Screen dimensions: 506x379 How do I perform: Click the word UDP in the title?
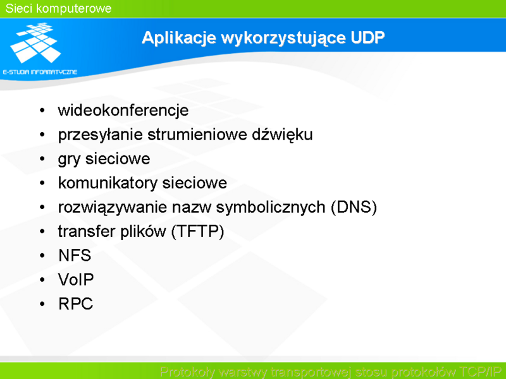tap(367, 37)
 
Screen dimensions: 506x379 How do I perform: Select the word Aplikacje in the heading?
tap(179, 38)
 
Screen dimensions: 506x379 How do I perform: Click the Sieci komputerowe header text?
tap(58, 8)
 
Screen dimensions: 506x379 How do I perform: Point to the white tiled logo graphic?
tap(36, 42)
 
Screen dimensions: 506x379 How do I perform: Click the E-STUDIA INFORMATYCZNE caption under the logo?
tap(40, 72)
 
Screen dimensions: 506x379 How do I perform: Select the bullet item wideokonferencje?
tap(123, 110)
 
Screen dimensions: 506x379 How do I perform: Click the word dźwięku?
tap(282, 135)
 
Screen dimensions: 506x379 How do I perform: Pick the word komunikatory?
tap(108, 183)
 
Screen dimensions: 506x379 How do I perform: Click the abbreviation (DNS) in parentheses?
tap(354, 207)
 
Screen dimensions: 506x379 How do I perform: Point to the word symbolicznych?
tap(271, 208)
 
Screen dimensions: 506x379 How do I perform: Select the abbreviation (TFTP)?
tap(197, 231)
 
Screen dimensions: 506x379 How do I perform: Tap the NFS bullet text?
tap(75, 255)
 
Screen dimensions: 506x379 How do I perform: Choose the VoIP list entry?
tap(76, 279)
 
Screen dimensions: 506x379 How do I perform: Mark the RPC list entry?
tap(75, 304)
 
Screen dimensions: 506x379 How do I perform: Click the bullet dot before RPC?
tap(42, 304)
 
